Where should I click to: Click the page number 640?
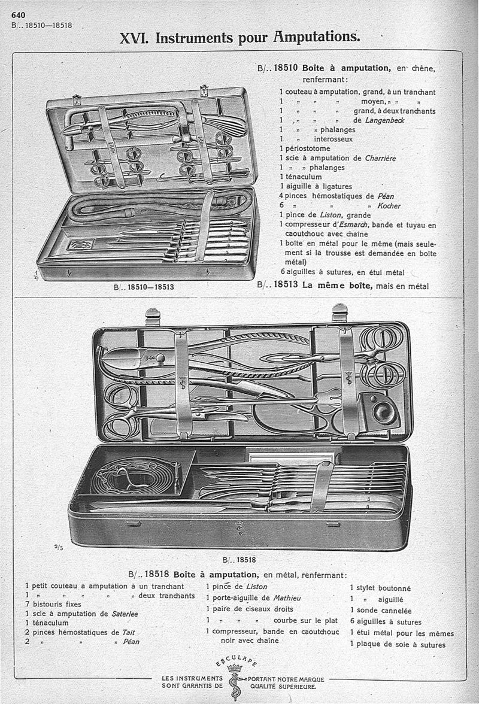19,15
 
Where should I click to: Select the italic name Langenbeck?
385,120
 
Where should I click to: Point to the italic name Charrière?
380,158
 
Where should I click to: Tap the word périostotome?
308,148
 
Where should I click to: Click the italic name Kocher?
389,206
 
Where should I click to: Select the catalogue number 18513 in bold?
286,285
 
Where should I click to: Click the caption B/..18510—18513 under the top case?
144,286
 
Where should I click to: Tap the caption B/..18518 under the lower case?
239,560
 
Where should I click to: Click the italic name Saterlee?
125,614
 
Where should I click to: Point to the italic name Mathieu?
287,598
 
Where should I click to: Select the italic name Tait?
128,632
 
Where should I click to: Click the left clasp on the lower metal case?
153,317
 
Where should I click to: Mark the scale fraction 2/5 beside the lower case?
58,547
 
